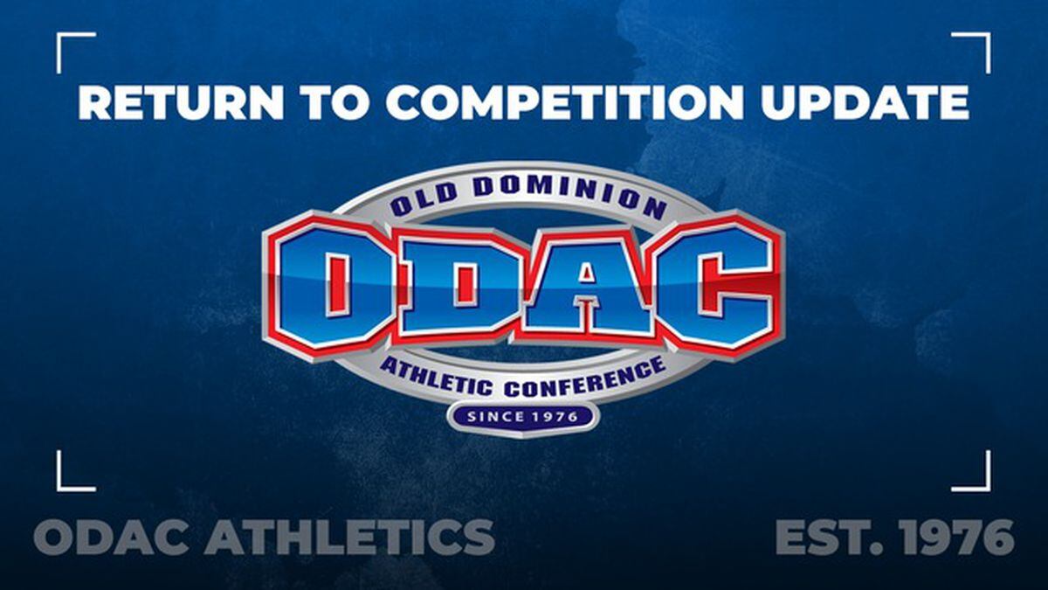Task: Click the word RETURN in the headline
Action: coord(181,102)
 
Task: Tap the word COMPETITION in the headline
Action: coord(564,102)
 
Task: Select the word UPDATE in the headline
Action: coord(865,102)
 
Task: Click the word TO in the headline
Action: coord(334,102)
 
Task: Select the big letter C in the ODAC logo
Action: coord(716,286)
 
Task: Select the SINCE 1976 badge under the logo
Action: coord(522,416)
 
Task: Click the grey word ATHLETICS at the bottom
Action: coord(349,537)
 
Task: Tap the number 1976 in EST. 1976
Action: coord(958,537)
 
